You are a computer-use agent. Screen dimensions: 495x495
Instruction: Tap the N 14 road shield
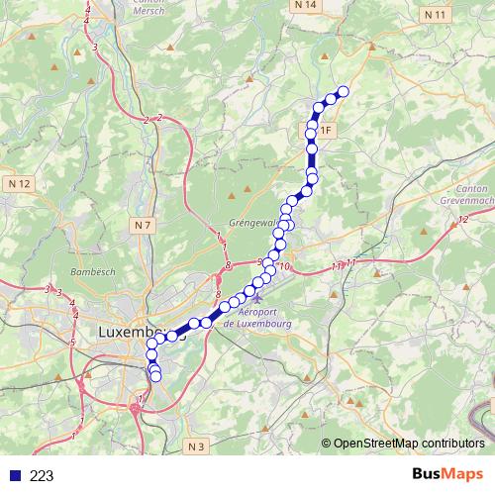[306, 6]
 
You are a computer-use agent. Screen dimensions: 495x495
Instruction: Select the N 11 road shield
[434, 15]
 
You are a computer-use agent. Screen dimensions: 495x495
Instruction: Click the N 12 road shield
[19, 184]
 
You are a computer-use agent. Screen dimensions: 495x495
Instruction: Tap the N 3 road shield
[196, 447]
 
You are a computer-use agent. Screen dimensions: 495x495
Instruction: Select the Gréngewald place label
[253, 222]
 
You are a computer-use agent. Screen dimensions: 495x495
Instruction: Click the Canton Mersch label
[149, 7]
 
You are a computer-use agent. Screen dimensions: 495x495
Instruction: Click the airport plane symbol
[257, 298]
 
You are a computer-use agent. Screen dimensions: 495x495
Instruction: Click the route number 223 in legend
[42, 476]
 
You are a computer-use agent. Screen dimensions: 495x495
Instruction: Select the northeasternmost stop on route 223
[344, 92]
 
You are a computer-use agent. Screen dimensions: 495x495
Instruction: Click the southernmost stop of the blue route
[155, 376]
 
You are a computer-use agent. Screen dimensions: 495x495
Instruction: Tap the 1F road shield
[325, 130]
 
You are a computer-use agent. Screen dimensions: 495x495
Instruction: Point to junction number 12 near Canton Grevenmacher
[464, 220]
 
